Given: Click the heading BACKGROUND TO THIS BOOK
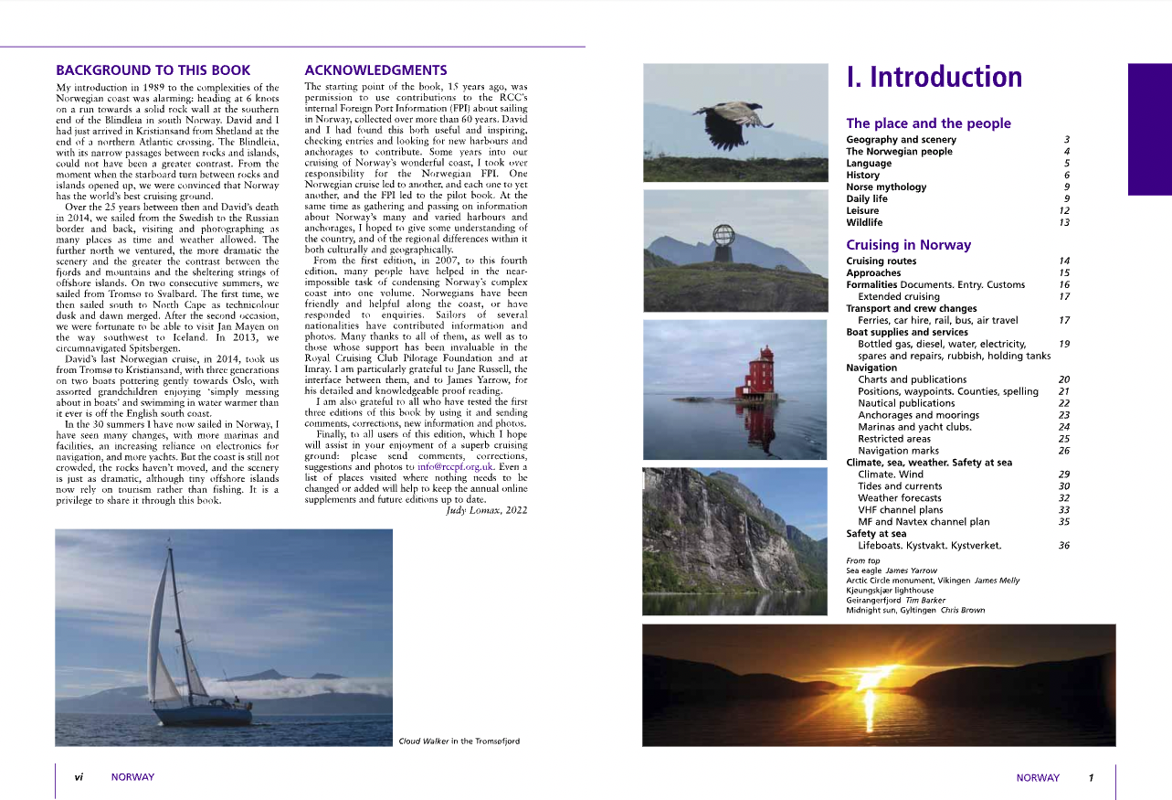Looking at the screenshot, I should click(153, 69).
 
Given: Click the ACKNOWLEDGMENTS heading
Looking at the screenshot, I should click(375, 69).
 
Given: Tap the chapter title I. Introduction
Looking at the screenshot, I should click(934, 77).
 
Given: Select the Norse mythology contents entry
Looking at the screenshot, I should click(886, 187).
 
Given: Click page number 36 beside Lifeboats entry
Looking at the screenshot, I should click(1063, 546).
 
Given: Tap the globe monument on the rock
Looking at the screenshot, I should click(724, 236).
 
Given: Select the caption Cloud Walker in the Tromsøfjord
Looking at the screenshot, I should click(459, 741).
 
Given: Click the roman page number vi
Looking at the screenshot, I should click(79, 777).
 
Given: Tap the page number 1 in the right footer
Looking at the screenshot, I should click(1091, 778).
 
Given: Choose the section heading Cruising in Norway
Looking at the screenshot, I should click(908, 245).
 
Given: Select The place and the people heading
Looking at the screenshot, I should click(928, 123).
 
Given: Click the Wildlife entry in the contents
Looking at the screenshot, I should click(864, 222).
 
